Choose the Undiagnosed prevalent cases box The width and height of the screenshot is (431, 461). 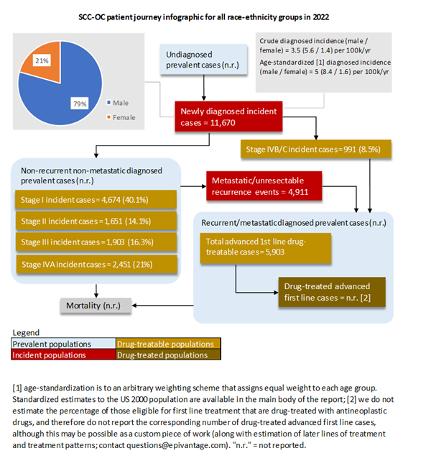(203, 60)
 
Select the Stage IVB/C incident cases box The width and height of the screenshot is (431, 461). (319, 150)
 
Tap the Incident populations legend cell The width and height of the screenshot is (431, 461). (64, 355)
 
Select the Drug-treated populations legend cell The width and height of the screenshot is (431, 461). (167, 355)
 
